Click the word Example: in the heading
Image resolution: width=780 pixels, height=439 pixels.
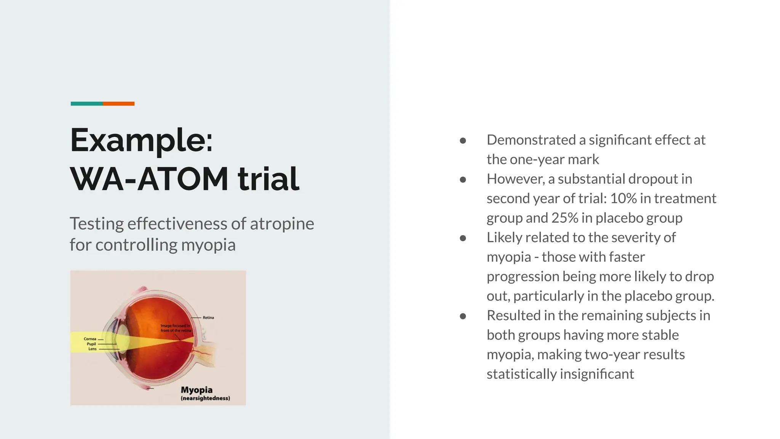tap(141, 141)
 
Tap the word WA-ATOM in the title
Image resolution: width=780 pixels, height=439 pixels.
tap(149, 179)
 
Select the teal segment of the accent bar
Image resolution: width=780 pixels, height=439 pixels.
tap(86, 104)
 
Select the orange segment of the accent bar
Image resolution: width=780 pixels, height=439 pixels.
tap(118, 104)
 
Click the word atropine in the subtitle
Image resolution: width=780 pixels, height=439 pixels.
tap(282, 224)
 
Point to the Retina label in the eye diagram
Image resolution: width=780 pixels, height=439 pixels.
tap(208, 317)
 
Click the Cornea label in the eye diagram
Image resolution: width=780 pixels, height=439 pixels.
tap(90, 339)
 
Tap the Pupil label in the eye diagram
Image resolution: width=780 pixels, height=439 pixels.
tap(91, 344)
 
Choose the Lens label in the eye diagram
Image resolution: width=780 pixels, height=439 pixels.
tap(92, 349)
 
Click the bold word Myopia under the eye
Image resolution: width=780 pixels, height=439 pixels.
tap(197, 390)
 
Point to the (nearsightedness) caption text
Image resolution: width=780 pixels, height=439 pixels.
tap(205, 398)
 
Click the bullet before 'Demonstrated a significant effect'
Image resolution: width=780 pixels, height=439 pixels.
tap(463, 141)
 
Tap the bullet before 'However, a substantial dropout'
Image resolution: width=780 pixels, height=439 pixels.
tap(463, 179)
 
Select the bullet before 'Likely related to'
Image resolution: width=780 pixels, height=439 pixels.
tap(463, 238)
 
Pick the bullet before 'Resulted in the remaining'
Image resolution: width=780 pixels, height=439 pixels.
tap(463, 316)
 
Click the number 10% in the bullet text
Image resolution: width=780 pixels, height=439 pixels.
tap(623, 199)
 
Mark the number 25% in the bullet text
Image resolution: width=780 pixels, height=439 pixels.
tap(564, 218)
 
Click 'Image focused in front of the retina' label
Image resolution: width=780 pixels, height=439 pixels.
tap(175, 328)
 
